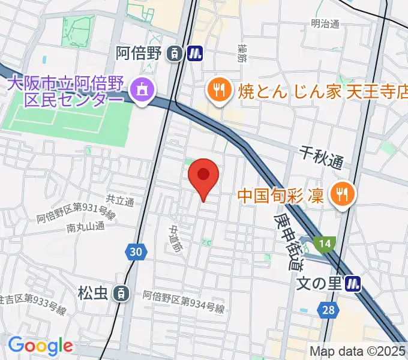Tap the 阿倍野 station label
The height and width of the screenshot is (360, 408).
click(x=139, y=53)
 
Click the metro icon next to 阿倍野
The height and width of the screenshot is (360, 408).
click(x=194, y=54)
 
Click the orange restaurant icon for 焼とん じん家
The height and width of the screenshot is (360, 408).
click(x=217, y=91)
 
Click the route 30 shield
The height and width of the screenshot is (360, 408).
click(x=137, y=252)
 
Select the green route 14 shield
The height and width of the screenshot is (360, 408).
click(x=325, y=244)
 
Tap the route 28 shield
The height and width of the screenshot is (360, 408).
click(x=328, y=310)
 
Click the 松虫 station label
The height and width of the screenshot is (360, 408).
click(x=92, y=293)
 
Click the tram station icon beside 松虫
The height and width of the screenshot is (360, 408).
click(x=122, y=293)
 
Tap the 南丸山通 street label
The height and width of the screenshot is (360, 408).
click(x=86, y=227)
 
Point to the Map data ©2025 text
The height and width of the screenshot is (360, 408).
click(x=358, y=351)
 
